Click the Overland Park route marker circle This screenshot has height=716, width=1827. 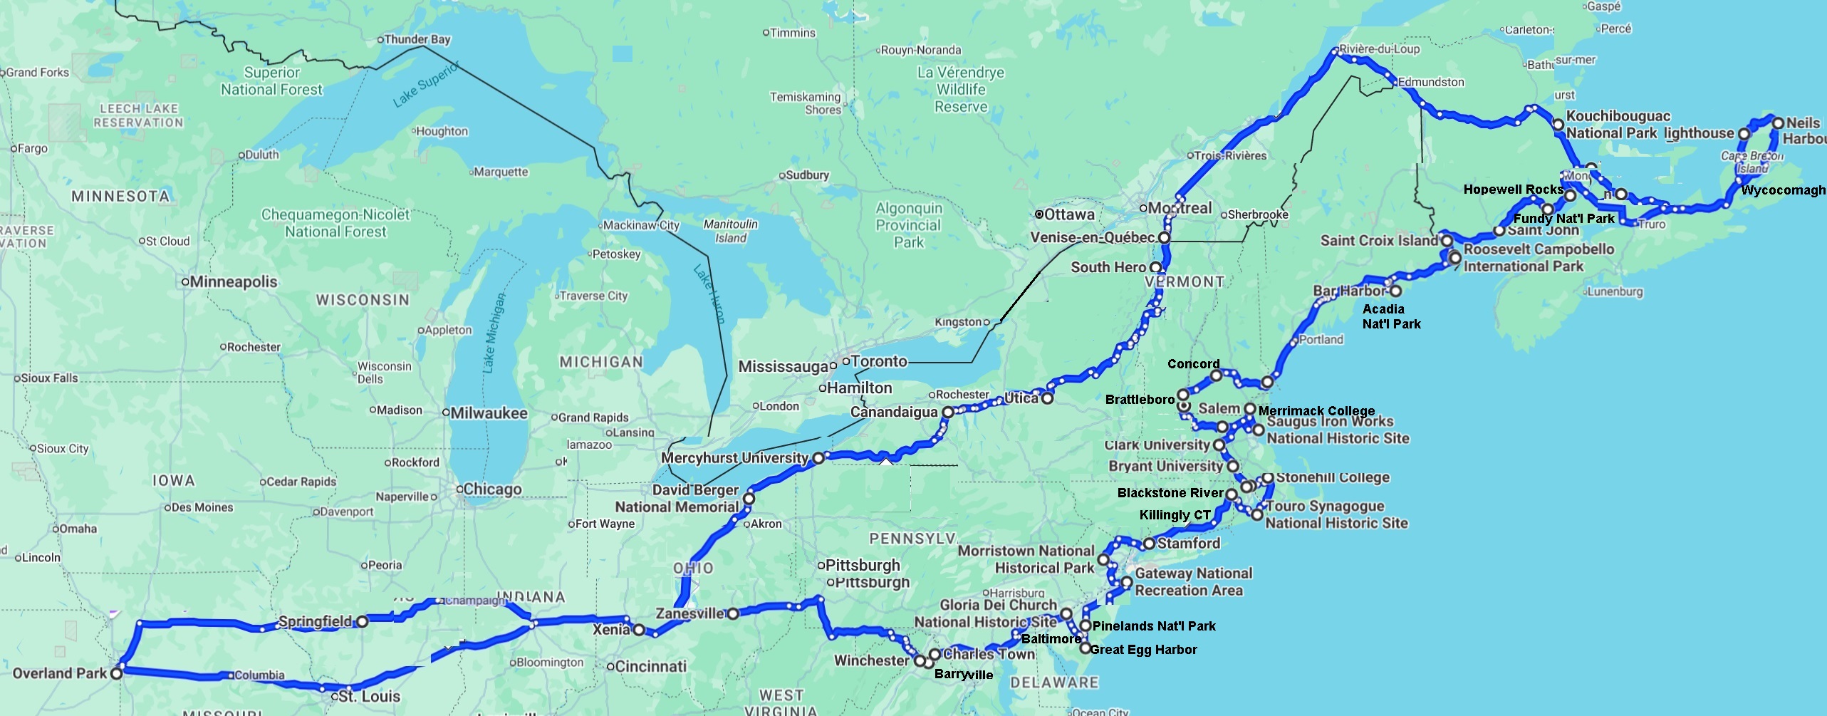117,672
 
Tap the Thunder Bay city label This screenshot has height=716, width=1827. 417,39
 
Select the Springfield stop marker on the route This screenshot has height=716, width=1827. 362,621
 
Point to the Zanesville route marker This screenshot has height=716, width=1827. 733,613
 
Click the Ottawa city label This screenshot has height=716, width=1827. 1068,214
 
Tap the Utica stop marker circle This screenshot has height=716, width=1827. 1047,398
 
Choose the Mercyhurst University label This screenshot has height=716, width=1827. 734,458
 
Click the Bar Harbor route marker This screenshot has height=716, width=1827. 1395,291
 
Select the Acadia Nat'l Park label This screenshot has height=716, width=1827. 1390,316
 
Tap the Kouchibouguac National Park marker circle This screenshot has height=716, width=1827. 1558,125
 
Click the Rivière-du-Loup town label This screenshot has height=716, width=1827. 1379,49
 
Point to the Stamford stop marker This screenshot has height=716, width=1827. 1149,544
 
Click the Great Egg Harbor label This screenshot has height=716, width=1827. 1143,650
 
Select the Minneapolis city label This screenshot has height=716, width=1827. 233,282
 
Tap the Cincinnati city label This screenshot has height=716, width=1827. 650,667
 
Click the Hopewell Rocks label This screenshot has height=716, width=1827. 1513,190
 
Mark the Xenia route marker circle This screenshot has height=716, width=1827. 639,630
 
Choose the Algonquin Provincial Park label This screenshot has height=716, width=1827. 908,225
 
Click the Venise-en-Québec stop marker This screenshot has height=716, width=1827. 1164,237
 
